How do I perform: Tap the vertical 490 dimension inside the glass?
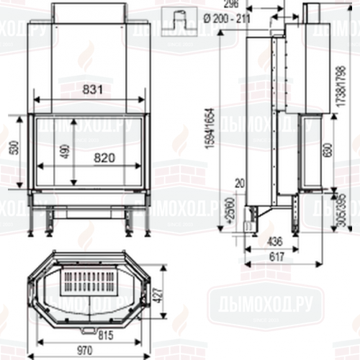(x=66, y=151)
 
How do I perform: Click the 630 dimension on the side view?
(x=329, y=149)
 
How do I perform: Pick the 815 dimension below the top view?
(x=106, y=335)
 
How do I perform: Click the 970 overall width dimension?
(x=86, y=350)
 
